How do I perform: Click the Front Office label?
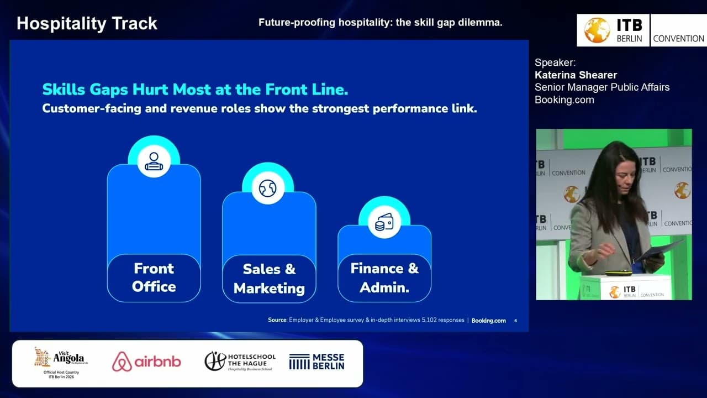(x=154, y=277)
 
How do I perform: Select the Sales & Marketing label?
(x=269, y=279)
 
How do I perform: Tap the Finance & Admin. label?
(x=384, y=278)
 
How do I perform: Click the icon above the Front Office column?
(x=154, y=161)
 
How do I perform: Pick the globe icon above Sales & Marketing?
(x=268, y=188)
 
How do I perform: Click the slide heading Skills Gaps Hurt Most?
(x=195, y=90)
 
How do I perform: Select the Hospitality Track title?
(x=87, y=23)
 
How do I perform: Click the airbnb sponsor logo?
(x=146, y=362)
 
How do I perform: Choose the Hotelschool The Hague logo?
(x=240, y=362)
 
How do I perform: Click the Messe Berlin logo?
(x=316, y=362)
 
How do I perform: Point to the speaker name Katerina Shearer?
(x=576, y=75)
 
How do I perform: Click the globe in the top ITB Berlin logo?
(x=597, y=30)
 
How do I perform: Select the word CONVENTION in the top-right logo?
(x=678, y=39)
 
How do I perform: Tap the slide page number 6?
(x=515, y=321)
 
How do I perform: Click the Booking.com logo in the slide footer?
(x=488, y=321)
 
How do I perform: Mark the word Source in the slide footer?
(x=277, y=320)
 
